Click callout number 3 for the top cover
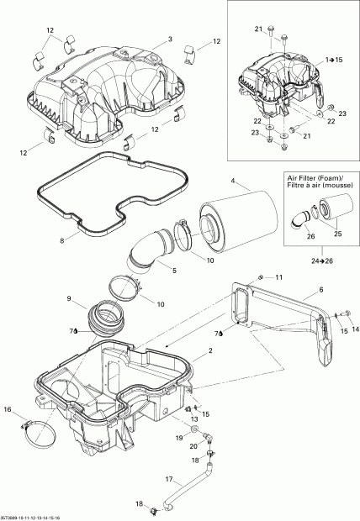click(x=169, y=40)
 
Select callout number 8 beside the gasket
click(x=62, y=240)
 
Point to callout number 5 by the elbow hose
click(x=174, y=271)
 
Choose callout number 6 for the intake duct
click(x=320, y=290)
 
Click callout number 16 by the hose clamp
click(x=8, y=410)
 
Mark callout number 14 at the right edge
click(x=353, y=329)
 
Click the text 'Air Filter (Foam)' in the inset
click(x=308, y=179)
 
